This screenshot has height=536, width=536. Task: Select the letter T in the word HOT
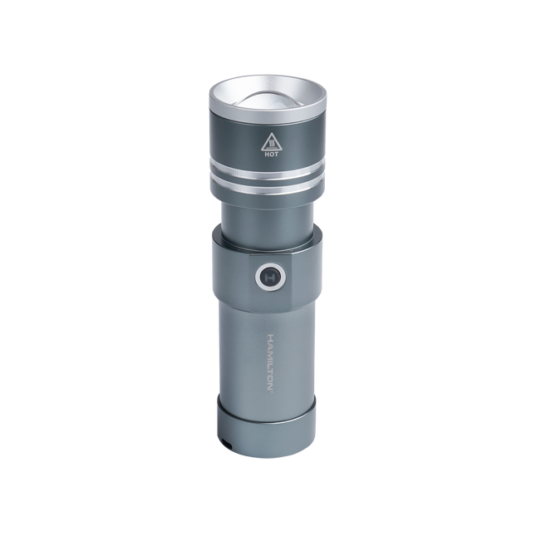pos(275,154)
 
